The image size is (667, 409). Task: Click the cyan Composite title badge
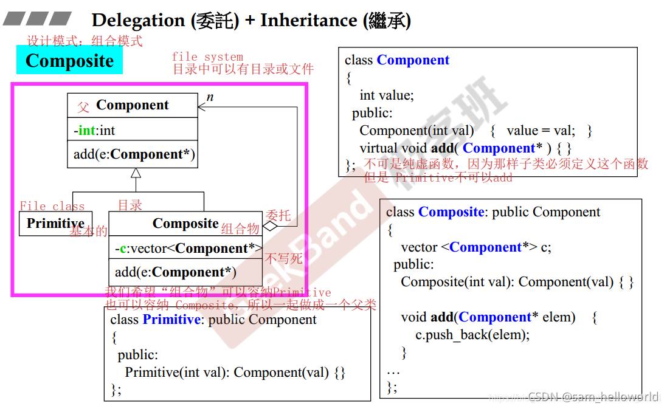70,61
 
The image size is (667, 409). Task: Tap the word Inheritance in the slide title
309,20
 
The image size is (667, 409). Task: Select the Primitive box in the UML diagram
55,224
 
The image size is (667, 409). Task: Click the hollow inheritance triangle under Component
136,173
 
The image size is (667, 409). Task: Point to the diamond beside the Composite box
269,225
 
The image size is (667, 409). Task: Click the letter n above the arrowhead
210,97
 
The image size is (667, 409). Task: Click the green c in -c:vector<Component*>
123,249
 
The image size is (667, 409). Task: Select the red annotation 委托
278,215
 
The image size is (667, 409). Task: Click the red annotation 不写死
283,258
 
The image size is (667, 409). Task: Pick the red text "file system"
207,57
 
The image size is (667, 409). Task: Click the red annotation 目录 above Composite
130,205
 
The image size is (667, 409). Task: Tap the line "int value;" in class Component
386,95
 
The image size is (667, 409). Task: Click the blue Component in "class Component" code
413,60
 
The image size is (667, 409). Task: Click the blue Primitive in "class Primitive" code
171,320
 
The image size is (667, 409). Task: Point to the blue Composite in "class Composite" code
451,212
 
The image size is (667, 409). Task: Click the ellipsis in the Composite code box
393,370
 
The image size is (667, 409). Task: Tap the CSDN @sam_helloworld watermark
593,397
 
